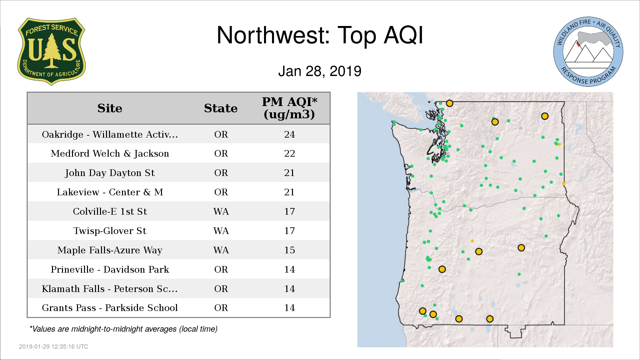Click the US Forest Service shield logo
(x=51, y=51)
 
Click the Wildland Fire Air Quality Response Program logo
(x=588, y=52)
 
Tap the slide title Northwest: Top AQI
(x=320, y=35)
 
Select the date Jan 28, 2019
(x=320, y=71)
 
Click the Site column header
(x=110, y=108)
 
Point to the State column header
(x=221, y=108)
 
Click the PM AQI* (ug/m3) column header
(x=289, y=108)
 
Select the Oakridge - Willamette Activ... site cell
(x=110, y=134)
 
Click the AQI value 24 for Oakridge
(x=289, y=134)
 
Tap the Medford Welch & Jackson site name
(x=110, y=154)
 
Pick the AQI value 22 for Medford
(x=289, y=154)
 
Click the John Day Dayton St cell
(x=110, y=173)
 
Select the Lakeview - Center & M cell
(x=110, y=192)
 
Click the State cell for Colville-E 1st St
(x=221, y=212)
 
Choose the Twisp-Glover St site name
(x=110, y=231)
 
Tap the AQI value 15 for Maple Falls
(x=289, y=250)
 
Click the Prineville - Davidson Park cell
(x=110, y=269)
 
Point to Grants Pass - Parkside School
(x=110, y=308)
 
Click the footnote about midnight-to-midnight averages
(x=123, y=329)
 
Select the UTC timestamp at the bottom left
(x=54, y=347)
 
